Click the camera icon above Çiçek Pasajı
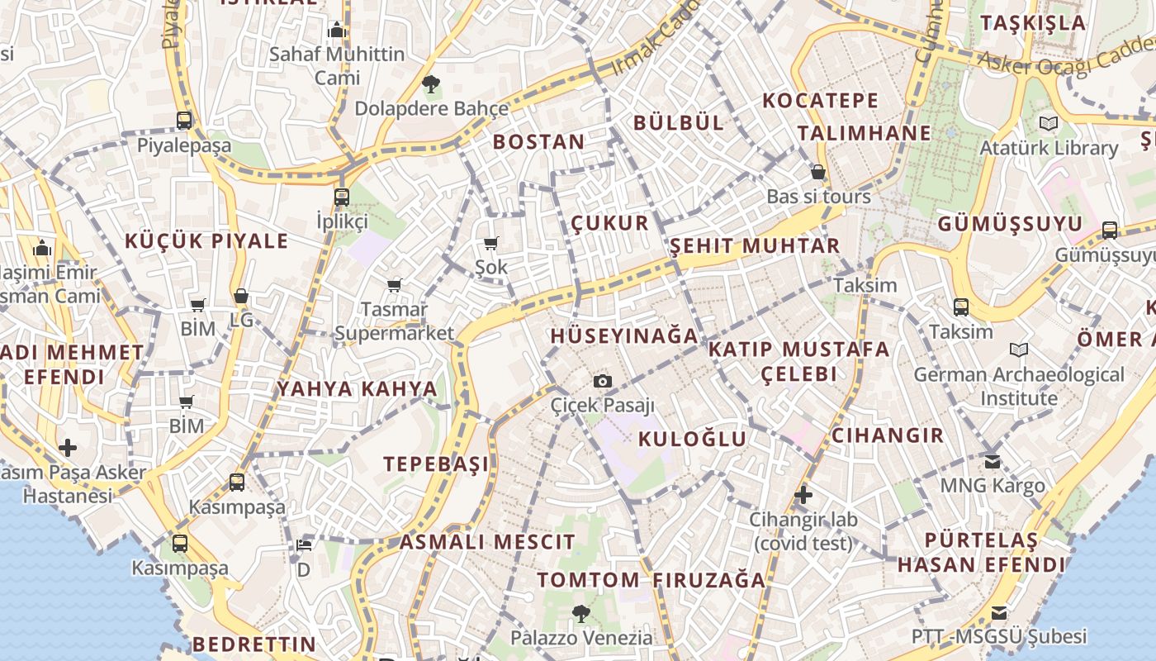603,381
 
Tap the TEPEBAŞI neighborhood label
436,464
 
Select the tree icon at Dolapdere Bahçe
430,83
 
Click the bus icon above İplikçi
341,197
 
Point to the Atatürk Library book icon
1049,124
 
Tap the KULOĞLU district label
692,439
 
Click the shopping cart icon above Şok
491,243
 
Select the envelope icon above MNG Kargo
993,461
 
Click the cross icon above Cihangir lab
803,495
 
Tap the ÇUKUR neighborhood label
610,223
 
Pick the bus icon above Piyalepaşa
184,121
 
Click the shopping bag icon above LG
241,296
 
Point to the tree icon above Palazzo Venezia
581,613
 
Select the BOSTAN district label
538,141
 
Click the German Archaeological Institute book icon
1019,350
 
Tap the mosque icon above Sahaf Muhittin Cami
336,31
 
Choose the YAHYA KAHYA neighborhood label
357,388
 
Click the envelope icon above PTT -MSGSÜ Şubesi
999,613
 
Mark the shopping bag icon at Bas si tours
818,172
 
